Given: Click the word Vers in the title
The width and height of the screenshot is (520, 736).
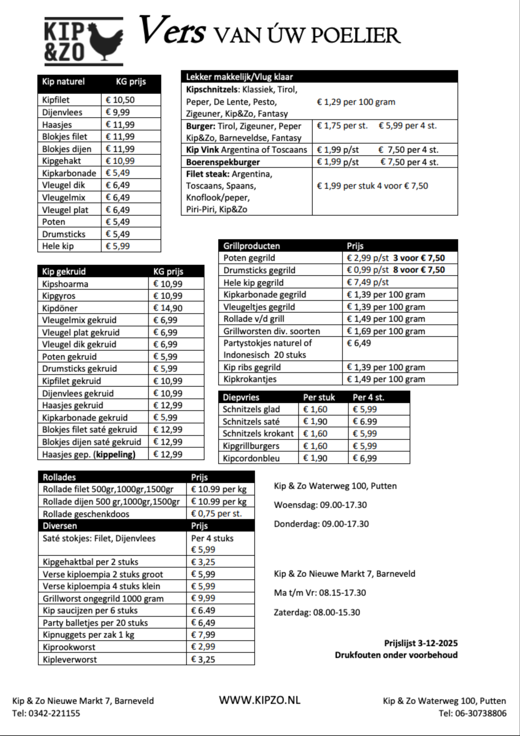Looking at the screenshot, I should [x=172, y=30].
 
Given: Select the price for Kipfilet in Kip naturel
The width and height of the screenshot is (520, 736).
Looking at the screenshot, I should [x=120, y=100].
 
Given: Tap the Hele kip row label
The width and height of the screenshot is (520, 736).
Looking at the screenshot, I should [x=58, y=246].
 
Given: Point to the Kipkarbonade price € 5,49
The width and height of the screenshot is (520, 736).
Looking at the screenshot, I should [x=118, y=173].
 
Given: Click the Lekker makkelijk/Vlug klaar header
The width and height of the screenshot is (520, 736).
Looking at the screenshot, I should [x=239, y=77].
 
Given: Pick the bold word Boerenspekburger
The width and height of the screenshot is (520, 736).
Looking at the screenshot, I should [x=223, y=162].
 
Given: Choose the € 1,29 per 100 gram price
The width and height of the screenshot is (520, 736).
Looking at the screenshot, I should [x=356, y=102].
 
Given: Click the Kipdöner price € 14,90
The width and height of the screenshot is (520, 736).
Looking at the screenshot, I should [x=167, y=308].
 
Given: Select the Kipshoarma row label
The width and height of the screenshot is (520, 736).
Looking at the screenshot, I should [x=65, y=284].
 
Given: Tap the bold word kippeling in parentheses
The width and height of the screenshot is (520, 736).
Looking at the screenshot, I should [x=114, y=455].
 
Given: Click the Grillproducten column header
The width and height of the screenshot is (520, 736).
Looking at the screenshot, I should [x=251, y=246].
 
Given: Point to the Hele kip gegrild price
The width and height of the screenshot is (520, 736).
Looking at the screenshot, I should [x=367, y=282].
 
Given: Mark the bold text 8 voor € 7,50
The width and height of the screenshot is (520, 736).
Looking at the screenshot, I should [x=419, y=270].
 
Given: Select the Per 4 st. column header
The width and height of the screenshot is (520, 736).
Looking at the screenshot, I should [x=368, y=398].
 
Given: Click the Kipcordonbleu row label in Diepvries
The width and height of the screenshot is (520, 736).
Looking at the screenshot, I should [x=251, y=458].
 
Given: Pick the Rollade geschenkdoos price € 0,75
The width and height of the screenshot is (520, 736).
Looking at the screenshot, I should [x=216, y=514].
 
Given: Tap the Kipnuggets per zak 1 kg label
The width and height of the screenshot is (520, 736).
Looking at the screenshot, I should [x=88, y=635].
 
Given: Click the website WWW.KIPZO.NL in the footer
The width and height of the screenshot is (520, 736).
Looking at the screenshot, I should [x=260, y=700].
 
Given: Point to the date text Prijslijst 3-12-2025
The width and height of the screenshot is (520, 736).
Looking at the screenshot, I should [x=421, y=643].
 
